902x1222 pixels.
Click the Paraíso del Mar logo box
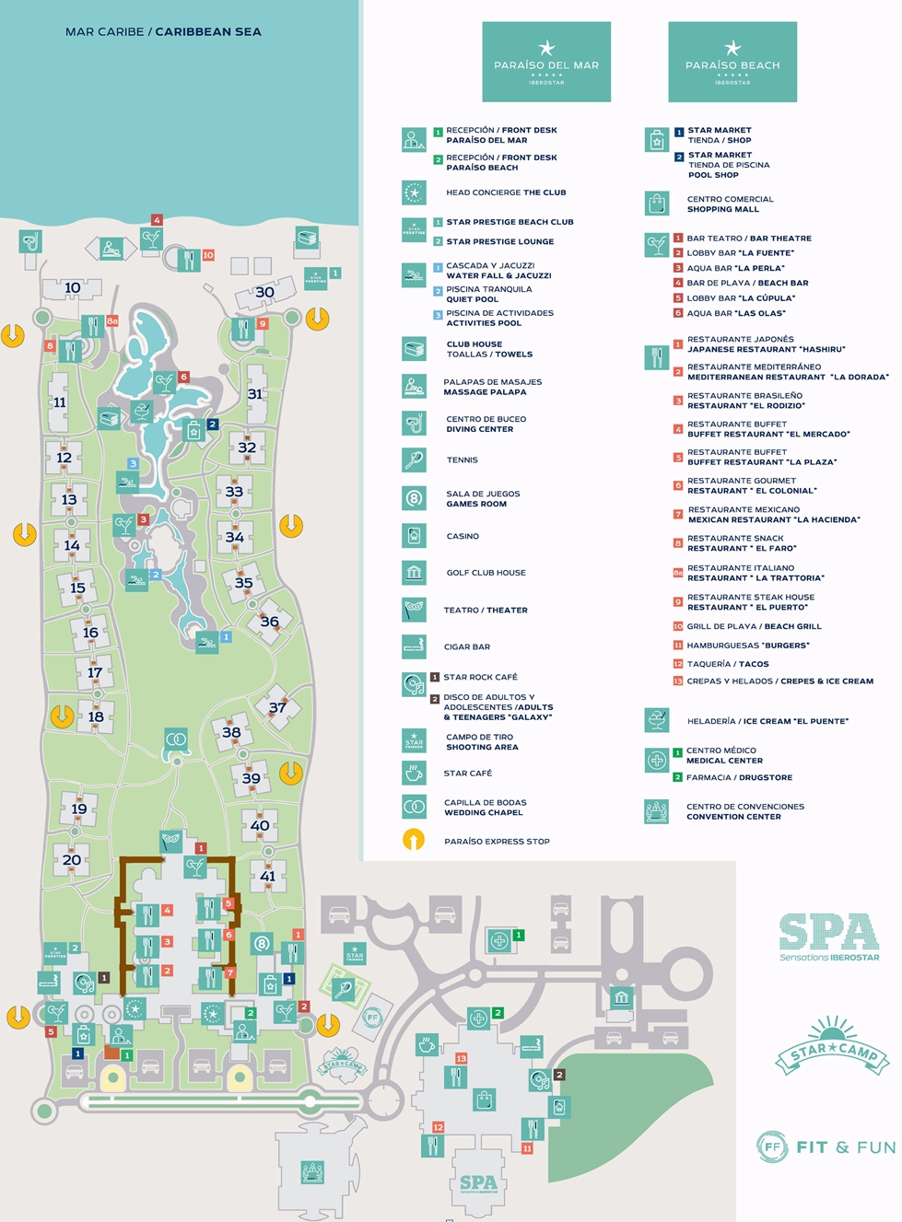[546, 62]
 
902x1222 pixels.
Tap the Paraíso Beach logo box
[732, 62]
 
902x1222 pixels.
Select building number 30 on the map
[264, 293]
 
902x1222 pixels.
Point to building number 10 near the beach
[72, 288]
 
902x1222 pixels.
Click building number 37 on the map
[277, 707]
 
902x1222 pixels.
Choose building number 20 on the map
[72, 860]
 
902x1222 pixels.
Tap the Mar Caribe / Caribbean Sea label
[163, 31]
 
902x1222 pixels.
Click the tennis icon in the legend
[414, 460]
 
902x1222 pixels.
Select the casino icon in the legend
[414, 535]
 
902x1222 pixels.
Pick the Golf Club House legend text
[486, 573]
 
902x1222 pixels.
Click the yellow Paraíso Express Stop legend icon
[414, 840]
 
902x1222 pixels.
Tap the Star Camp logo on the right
[832, 1048]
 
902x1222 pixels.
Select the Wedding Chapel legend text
[485, 808]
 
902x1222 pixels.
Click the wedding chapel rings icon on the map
[176, 739]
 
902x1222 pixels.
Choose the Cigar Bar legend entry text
[468, 646]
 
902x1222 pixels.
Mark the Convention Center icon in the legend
[656, 811]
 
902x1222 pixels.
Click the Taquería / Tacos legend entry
[727, 664]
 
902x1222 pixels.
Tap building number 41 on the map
[267, 876]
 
